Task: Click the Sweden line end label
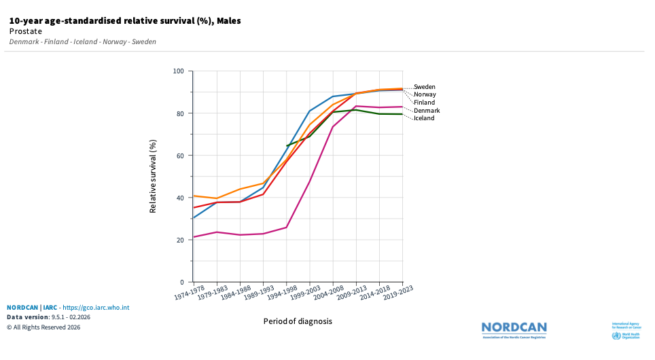(425, 87)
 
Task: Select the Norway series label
(425, 94)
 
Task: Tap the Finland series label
(424, 103)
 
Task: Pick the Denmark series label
(427, 111)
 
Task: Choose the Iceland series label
(425, 118)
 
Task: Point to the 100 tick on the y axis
(179, 71)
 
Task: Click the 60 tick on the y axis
(181, 156)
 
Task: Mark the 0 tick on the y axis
(182, 282)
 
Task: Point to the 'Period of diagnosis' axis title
(298, 321)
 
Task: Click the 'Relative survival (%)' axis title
(154, 177)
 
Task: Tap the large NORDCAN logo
(514, 329)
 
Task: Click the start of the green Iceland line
(287, 145)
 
